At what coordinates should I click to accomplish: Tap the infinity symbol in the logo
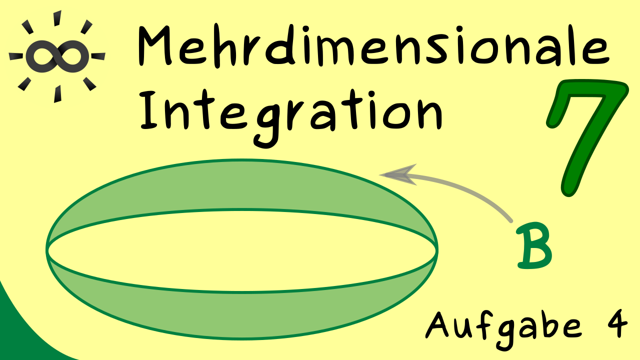point(57,56)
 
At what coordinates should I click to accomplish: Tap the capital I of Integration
point(149,110)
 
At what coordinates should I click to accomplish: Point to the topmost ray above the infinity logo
point(57,18)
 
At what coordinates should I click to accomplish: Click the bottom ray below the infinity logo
point(57,93)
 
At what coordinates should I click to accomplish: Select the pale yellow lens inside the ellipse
point(241,251)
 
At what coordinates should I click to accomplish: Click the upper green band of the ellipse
point(241,185)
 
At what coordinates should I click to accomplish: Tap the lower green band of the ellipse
point(241,314)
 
